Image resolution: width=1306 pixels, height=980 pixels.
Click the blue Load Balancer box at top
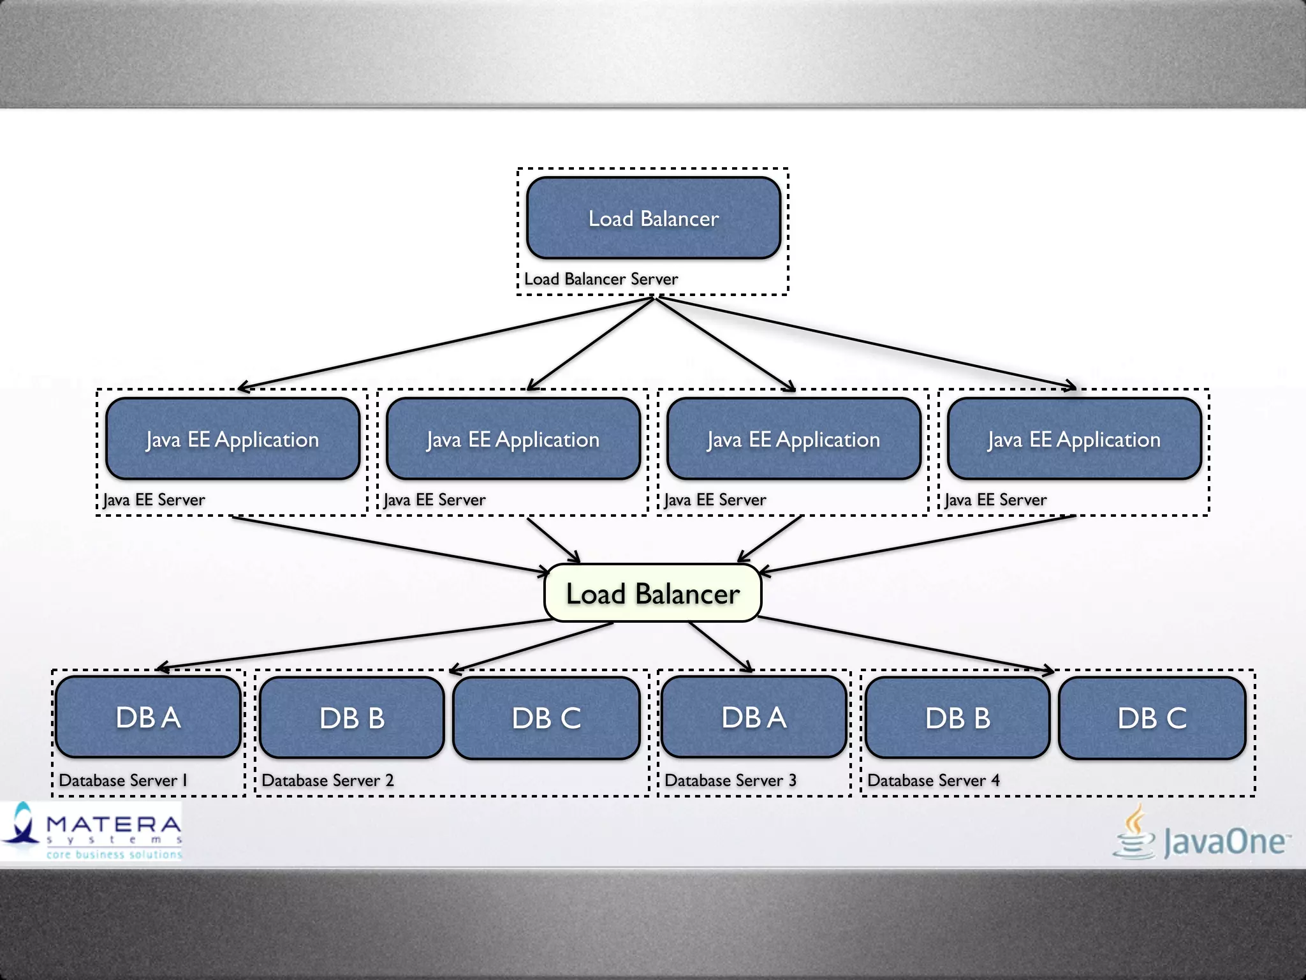tap(654, 218)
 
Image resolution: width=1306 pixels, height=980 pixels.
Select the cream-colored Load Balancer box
tap(652, 593)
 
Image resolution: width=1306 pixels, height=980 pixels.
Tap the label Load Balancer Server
tap(601, 279)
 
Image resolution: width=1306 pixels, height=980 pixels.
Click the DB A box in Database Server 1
tap(148, 717)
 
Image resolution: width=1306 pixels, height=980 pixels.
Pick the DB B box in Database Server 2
tap(352, 718)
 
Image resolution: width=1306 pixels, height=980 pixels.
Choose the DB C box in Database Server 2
tap(547, 718)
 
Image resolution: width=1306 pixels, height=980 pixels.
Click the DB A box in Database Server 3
tap(754, 717)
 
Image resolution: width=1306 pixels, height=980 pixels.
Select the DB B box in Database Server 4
tap(958, 718)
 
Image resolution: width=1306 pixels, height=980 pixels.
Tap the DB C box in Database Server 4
tap(1152, 718)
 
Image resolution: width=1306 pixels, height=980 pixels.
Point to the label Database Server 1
tap(123, 780)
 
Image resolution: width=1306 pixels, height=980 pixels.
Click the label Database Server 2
tap(328, 780)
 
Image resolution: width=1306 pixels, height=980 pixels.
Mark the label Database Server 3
tap(730, 780)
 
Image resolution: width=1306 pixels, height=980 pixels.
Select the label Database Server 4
tap(934, 780)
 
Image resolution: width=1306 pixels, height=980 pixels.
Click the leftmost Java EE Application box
tap(233, 439)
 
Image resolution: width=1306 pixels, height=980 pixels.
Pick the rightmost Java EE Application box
tap(1075, 439)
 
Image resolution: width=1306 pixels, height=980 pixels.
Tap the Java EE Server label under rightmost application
tap(995, 500)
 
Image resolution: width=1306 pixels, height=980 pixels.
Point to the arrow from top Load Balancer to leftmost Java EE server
tap(446, 343)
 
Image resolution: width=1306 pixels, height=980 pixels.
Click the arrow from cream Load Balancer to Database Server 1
tap(357, 644)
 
